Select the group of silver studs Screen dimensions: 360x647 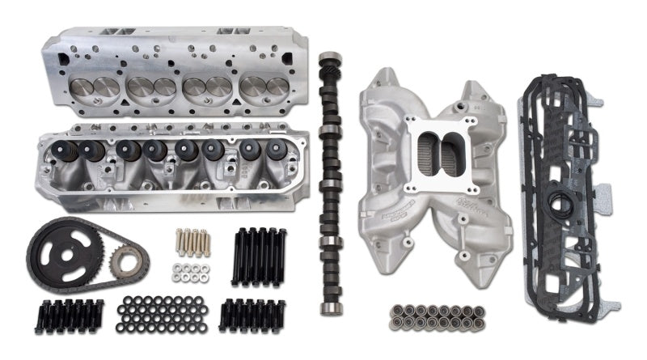tap(192, 240)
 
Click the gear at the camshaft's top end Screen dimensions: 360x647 tap(329, 66)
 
